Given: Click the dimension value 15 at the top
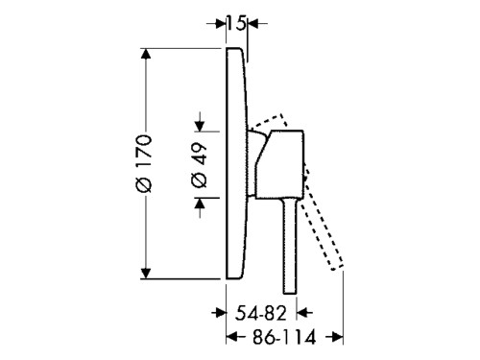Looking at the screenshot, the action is (237, 23).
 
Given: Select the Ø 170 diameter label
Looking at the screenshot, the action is (143, 164).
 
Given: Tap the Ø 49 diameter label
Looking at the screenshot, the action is (199, 165).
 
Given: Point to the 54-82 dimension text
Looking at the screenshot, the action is (260, 313).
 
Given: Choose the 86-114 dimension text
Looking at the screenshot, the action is (284, 337).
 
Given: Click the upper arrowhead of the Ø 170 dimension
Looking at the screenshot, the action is (146, 54).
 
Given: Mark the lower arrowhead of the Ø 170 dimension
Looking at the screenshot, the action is (146, 274).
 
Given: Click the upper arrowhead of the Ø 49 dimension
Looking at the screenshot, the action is (200, 126).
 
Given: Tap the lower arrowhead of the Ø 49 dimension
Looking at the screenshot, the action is (200, 204).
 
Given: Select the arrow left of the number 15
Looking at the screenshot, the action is (216, 23).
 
